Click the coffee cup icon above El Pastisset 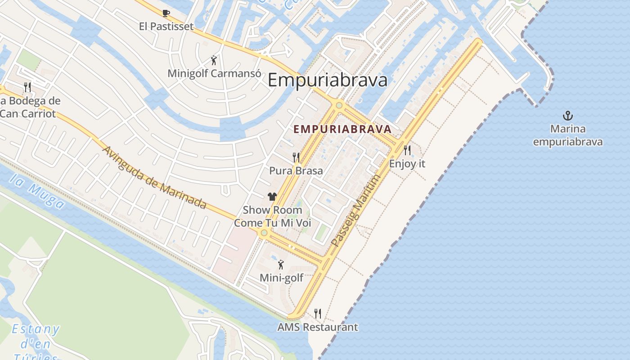click(166, 13)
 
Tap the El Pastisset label click(166, 27)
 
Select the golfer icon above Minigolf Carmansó click(214, 60)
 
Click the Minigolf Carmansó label click(214, 73)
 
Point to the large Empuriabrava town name click(327, 81)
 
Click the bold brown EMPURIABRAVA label click(342, 129)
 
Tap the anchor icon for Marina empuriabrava click(568, 116)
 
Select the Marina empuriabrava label click(568, 135)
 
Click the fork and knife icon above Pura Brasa click(296, 157)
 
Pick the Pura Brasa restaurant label click(296, 171)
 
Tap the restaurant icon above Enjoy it click(407, 150)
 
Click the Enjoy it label click(407, 164)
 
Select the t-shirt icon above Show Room click(272, 196)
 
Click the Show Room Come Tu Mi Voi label click(272, 216)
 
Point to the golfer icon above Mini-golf click(281, 265)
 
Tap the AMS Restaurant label click(318, 327)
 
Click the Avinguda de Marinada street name click(155, 177)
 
